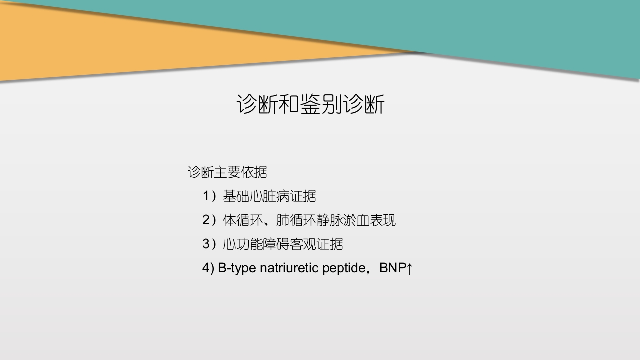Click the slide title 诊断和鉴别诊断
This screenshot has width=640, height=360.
[310, 105]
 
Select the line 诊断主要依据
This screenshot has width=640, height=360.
[227, 172]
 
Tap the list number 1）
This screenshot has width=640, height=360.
[210, 196]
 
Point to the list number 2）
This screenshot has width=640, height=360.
[210, 220]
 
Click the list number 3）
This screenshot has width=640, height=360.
[210, 244]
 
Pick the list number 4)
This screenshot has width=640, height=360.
[208, 268]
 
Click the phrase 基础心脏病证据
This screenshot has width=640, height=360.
[269, 196]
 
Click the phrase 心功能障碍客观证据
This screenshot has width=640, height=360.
[283, 244]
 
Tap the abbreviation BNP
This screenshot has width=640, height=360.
[392, 268]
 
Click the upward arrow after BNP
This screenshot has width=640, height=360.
[410, 269]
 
